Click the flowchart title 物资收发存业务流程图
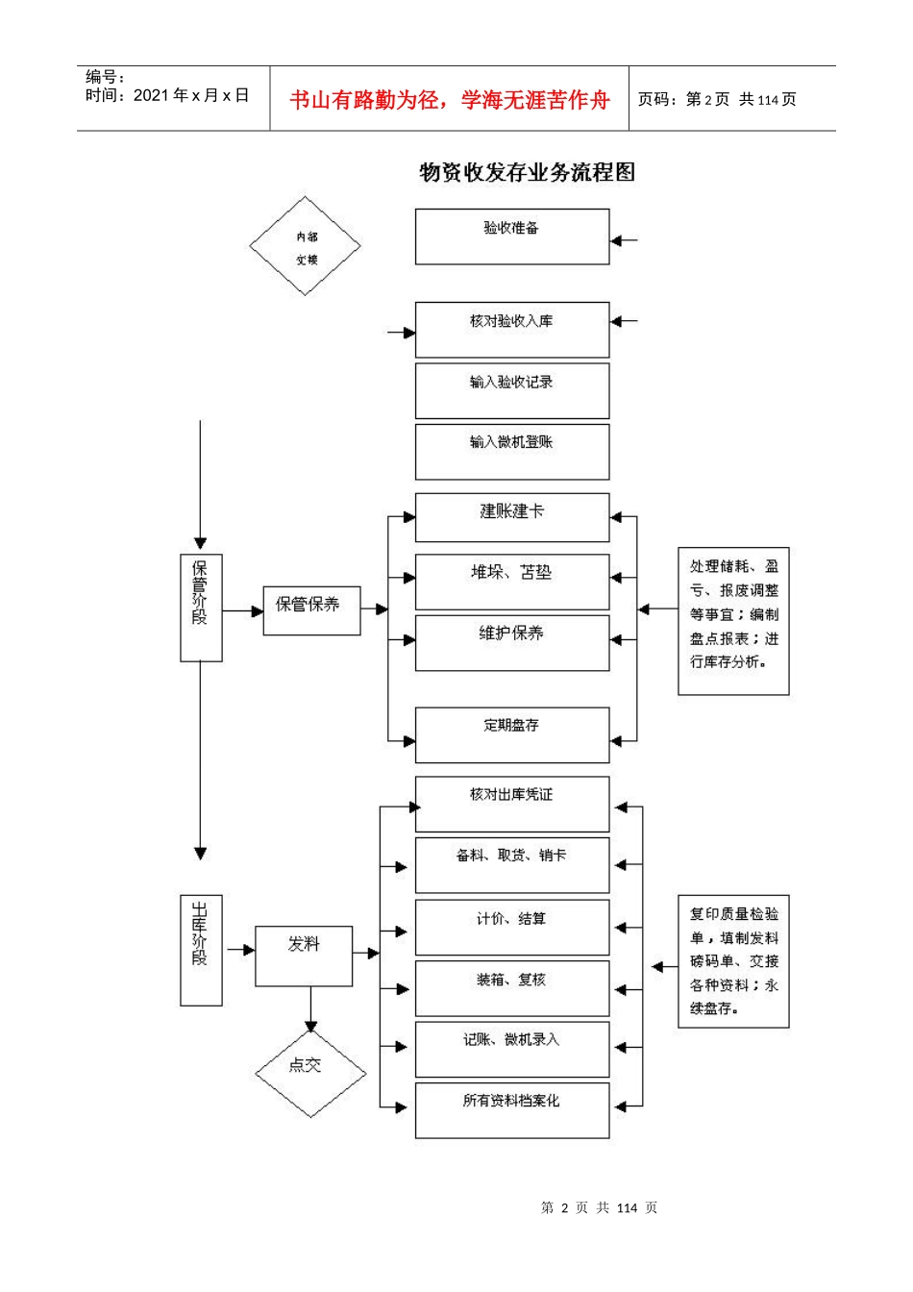pos(527,172)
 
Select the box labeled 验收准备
pos(511,236)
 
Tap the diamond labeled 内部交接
pos(305,246)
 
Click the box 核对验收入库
pos(511,330)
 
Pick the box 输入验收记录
pos(511,390)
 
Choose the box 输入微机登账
pos(511,451)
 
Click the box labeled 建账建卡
pos(511,517)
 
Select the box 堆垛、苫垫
pos(511,581)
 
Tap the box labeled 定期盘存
pos(511,734)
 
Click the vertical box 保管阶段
pos(201,607)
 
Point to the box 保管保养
pos(311,609)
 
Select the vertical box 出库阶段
pos(201,950)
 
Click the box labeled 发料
pos(304,956)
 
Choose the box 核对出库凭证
pos(511,804)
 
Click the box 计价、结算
pos(511,927)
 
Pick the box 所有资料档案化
pos(511,1109)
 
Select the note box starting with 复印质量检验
pos(733,961)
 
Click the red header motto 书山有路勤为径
pos(449,100)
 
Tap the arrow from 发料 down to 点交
pos(310,1009)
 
